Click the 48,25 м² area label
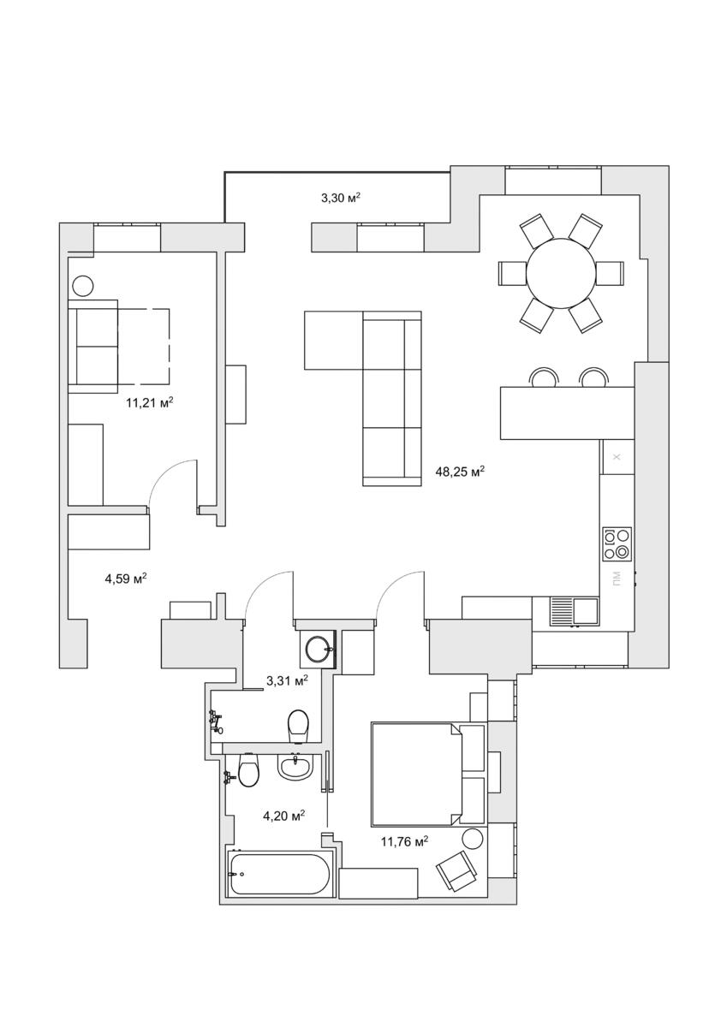[x=460, y=472]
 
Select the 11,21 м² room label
[x=150, y=403]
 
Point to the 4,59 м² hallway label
[x=126, y=579]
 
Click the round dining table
[x=561, y=273]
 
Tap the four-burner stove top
[x=617, y=543]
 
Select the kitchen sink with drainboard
[x=575, y=611]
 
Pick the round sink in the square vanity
[x=317, y=650]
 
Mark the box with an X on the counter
[x=617, y=457]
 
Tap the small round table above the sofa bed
[x=83, y=286]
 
